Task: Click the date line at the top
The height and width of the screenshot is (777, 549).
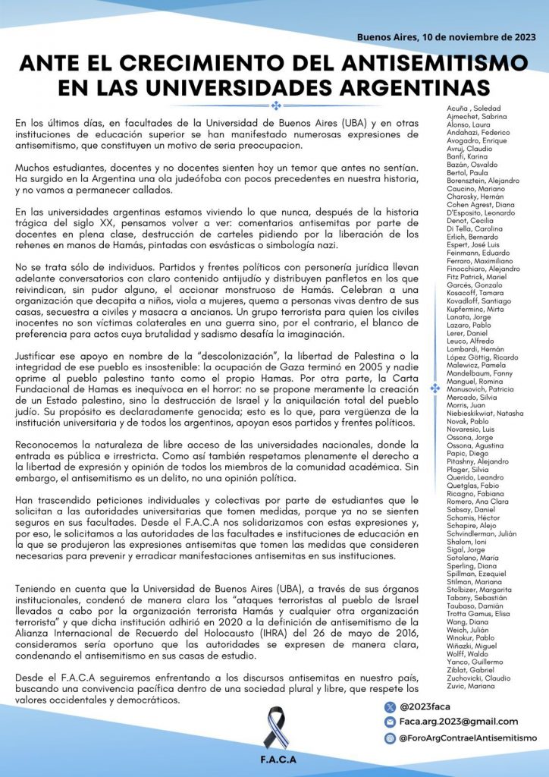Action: (x=446, y=36)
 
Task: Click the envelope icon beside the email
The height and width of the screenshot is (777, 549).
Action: (x=390, y=722)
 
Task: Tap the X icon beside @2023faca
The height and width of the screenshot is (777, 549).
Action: (x=390, y=706)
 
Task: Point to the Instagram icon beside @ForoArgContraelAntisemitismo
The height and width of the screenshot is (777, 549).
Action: (x=390, y=738)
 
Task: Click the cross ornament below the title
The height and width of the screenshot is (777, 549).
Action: (x=275, y=105)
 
